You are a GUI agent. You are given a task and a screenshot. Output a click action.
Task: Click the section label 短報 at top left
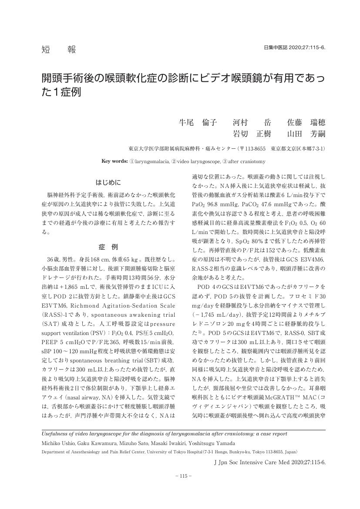tap(55, 50)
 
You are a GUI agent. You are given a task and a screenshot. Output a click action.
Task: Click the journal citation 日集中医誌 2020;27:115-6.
tap(295, 47)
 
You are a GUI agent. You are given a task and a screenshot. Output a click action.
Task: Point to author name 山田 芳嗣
tap(306, 134)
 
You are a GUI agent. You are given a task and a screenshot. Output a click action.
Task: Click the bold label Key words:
tap(114, 161)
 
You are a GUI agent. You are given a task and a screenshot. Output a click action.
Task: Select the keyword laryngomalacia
tap(148, 161)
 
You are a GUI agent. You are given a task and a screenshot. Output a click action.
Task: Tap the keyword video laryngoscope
tap(195, 161)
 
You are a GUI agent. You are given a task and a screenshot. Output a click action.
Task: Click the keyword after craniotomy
tap(240, 161)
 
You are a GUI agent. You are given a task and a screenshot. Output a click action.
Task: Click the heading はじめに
tap(108, 181)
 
